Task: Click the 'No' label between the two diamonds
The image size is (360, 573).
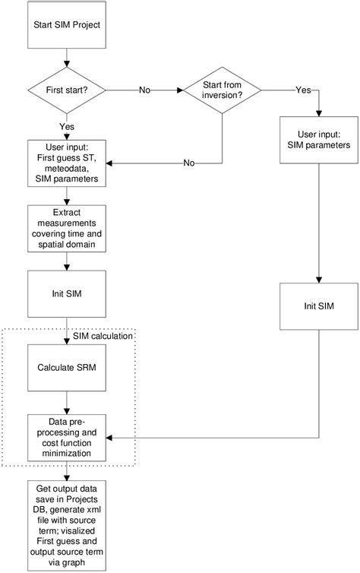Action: pos(144,90)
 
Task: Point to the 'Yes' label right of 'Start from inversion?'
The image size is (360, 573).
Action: pos(302,90)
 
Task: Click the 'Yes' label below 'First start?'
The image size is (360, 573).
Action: pos(67,126)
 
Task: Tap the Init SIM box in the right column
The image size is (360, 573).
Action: pos(317,305)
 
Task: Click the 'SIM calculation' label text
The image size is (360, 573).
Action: pos(104,335)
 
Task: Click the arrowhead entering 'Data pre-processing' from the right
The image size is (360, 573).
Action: pos(111,438)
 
